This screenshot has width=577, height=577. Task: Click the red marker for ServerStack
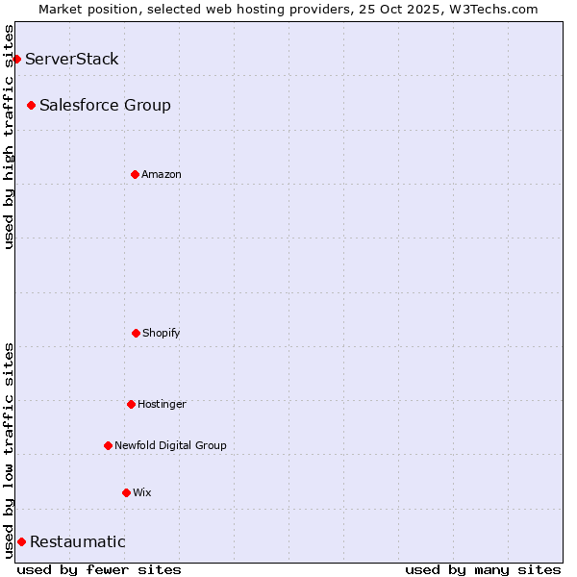pos(16,59)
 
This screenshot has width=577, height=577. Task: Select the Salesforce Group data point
pos(32,105)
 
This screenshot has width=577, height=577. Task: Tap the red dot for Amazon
pos(135,174)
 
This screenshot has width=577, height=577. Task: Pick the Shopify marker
pos(136,333)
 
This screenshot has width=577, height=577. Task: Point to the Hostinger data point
pos(131,404)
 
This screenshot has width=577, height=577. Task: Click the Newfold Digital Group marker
pos(108,445)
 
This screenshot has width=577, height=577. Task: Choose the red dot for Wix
pos(126,492)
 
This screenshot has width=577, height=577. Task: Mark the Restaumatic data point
pos(21,541)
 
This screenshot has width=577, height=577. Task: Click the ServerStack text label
pos(72,59)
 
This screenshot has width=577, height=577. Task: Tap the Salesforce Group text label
pos(105,105)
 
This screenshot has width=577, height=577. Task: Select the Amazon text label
pos(162,174)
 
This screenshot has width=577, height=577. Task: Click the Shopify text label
pos(162,333)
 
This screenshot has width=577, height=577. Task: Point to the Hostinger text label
pos(162,404)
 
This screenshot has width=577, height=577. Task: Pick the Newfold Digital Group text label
pos(170,445)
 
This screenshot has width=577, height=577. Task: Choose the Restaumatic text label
pos(78,541)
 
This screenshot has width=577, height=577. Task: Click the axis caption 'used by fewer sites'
pos(99,569)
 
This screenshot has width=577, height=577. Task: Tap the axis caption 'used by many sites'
pos(483,569)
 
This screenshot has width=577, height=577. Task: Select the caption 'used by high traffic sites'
pos(9,137)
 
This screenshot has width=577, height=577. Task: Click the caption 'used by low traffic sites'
pos(9,449)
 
